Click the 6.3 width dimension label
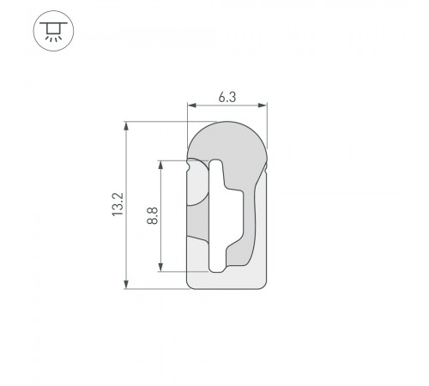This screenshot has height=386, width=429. coord(227,98)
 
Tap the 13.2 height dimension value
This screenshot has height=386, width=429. coord(118,205)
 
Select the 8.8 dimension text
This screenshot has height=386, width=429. coord(152,215)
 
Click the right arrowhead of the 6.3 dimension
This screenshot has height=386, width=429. coord(264,107)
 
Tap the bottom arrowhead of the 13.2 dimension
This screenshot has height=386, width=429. coord(128,284)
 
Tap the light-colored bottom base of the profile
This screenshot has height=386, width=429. coord(227,279)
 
